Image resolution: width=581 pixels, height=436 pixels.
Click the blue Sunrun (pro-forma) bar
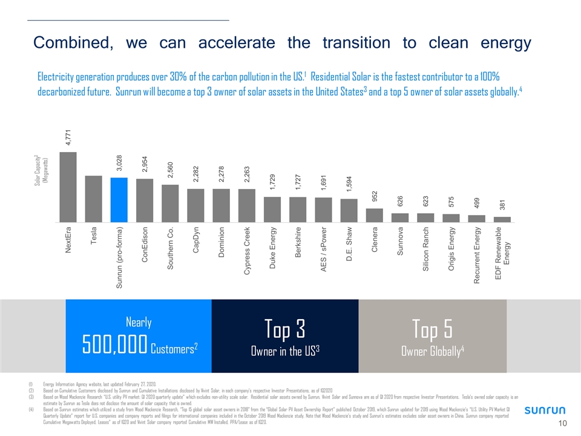[x=119, y=200]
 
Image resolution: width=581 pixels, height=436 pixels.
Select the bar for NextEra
[x=68, y=187]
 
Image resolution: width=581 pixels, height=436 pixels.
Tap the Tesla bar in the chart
[x=93, y=199]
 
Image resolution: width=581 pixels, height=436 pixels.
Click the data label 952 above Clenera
[x=375, y=196]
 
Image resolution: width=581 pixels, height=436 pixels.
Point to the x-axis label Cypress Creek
[x=248, y=251]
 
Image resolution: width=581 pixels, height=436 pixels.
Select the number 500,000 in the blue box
[x=115, y=346]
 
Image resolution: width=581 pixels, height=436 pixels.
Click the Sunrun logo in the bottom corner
[x=545, y=411]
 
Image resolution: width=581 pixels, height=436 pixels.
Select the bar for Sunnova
[x=400, y=217]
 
